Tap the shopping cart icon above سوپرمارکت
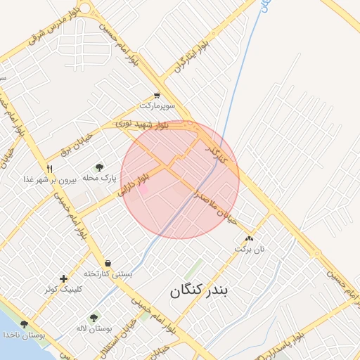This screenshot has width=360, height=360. (156, 96)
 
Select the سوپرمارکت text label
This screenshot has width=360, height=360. (157, 105)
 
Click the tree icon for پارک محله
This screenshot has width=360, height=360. (99, 167)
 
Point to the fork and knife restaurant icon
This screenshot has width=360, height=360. (49, 169)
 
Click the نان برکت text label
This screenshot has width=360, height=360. (251, 250)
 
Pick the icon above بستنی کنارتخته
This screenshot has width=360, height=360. (107, 263)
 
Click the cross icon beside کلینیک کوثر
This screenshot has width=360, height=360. (64, 278)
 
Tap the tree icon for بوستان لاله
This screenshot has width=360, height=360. (94, 318)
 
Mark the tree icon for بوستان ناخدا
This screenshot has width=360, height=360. (25, 324)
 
